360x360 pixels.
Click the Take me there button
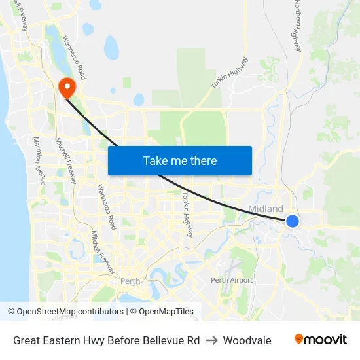click(180, 160)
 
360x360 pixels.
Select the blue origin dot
click(293, 221)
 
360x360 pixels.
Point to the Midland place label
click(266, 209)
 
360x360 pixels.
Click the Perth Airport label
click(231, 280)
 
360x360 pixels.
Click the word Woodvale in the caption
click(247, 340)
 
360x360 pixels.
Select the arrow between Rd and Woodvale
click(211, 340)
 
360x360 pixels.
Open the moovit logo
click(321, 339)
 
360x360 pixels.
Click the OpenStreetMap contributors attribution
click(65, 312)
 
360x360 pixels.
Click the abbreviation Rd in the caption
click(193, 340)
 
